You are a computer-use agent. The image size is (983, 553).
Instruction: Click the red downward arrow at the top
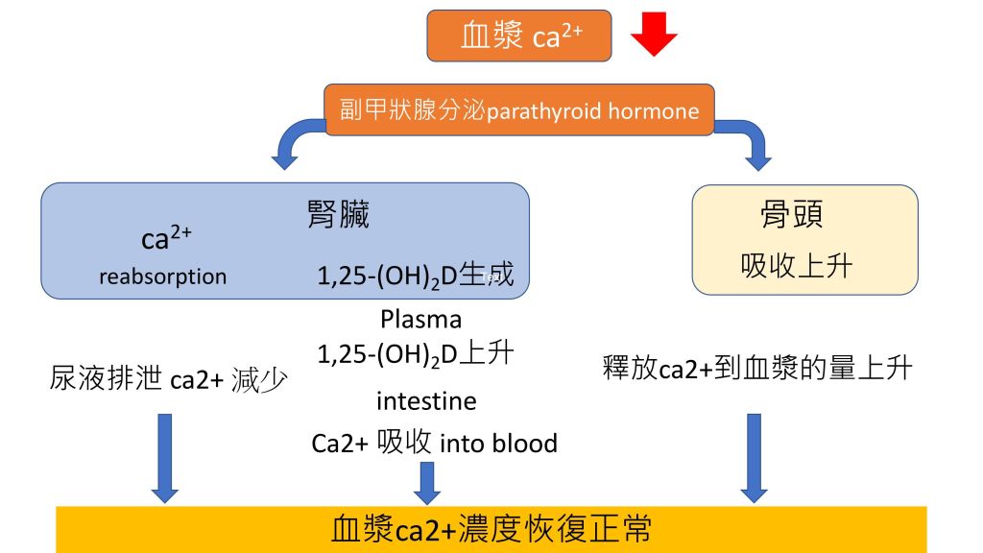654,35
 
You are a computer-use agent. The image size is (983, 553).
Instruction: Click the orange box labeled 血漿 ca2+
519,36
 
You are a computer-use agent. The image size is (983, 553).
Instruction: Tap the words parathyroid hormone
592,111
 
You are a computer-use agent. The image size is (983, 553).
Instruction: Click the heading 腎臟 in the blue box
339,214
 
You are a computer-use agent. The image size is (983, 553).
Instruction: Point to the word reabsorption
163,276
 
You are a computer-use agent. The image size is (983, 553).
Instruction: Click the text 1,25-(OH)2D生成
415,276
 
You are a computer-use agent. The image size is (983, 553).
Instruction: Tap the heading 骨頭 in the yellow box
791,214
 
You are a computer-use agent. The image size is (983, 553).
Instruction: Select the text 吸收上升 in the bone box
796,266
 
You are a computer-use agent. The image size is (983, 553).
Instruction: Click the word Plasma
420,319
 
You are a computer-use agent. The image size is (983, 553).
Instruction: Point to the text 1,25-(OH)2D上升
415,354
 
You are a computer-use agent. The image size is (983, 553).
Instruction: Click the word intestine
426,400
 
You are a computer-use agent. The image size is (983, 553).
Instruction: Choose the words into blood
499,444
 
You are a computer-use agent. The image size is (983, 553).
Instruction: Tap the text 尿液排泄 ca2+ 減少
169,379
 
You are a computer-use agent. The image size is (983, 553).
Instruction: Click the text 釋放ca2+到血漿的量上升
756,368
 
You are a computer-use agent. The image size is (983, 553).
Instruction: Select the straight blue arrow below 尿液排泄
165,458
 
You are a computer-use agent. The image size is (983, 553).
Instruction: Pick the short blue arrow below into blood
427,484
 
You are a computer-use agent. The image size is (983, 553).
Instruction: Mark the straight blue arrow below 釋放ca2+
755,458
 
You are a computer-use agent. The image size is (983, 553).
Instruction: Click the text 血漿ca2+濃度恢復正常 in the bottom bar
491,530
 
